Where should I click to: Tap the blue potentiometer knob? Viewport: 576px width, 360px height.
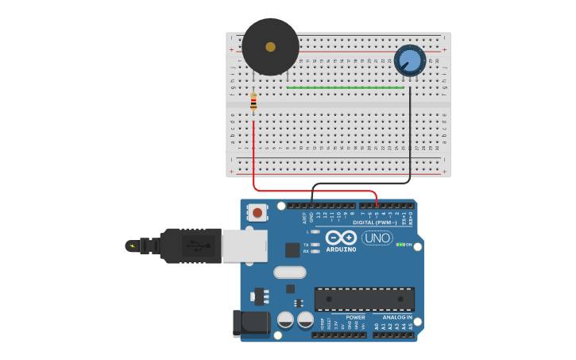click(410, 60)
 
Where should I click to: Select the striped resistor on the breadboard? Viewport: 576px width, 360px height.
click(253, 102)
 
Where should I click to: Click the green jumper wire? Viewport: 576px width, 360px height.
click(346, 87)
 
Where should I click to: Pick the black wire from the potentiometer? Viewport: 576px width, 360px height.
click(410, 135)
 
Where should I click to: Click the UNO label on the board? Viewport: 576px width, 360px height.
click(377, 238)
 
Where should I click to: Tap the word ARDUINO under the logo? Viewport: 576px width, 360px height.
click(340, 250)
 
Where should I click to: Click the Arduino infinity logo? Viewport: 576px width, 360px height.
click(340, 238)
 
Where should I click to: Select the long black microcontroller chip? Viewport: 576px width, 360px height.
click(364, 299)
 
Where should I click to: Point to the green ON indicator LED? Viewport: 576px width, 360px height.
click(399, 245)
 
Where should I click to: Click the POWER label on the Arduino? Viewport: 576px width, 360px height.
click(355, 317)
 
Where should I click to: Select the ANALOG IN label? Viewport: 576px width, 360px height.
click(397, 317)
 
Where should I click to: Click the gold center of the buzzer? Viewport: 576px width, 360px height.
click(270, 47)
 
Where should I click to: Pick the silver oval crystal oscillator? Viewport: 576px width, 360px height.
click(289, 273)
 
